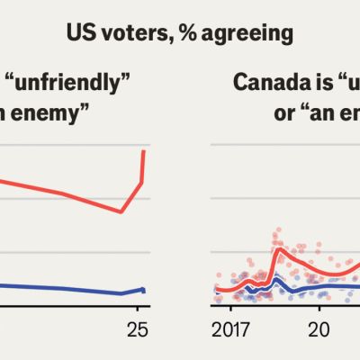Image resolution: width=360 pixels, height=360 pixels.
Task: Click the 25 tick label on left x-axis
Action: click(138, 328)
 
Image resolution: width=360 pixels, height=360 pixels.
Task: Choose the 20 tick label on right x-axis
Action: click(316, 328)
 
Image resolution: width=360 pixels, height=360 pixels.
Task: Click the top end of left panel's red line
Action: click(144, 151)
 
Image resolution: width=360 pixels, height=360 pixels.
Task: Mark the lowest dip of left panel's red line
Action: click(121, 212)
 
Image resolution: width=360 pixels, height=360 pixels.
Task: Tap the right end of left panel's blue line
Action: click(143, 290)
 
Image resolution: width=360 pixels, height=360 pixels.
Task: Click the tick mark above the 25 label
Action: click(138, 311)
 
